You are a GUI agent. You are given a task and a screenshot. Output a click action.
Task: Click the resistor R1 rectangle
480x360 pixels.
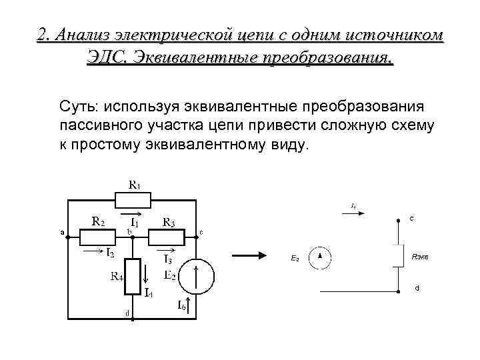point(133,199)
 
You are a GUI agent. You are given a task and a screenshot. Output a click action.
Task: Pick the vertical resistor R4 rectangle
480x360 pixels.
point(135,277)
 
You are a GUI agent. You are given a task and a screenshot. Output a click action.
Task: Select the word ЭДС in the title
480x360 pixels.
point(105,57)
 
